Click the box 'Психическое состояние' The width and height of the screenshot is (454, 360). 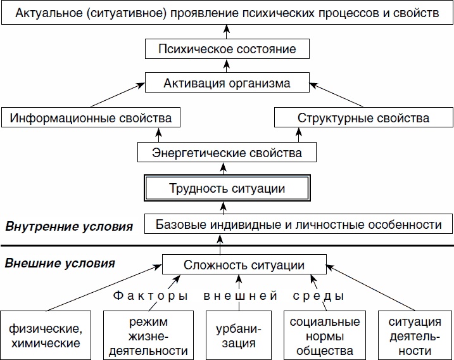[x=227, y=48]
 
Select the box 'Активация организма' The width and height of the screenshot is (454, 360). [x=227, y=83]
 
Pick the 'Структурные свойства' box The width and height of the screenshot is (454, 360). [x=363, y=118]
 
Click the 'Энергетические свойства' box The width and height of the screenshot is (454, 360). [x=227, y=153]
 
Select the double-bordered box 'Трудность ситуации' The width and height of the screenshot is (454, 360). [x=227, y=188]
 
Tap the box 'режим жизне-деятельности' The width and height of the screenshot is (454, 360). [x=146, y=336]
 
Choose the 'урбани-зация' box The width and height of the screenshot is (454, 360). [x=239, y=336]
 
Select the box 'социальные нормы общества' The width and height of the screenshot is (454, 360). [x=324, y=336]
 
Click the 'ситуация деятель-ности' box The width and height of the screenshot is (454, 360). [x=415, y=336]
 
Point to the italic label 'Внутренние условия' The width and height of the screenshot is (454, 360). [x=69, y=226]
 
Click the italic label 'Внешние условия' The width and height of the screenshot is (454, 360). [x=60, y=262]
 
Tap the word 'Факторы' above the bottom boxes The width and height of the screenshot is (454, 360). [x=150, y=296]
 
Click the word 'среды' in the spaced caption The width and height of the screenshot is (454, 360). [x=318, y=296]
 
